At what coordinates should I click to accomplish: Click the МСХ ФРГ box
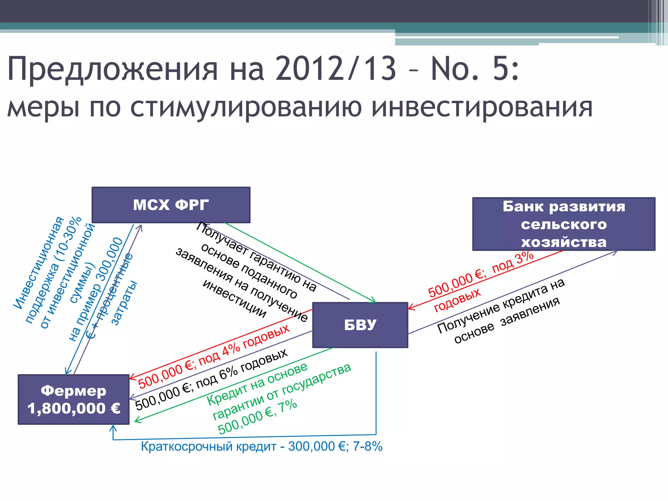(x=171, y=205)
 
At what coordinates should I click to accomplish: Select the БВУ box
(x=360, y=325)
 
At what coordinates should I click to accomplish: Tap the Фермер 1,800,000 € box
(x=73, y=400)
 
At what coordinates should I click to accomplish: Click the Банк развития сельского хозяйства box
(x=564, y=224)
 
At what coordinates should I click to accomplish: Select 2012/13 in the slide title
(x=336, y=69)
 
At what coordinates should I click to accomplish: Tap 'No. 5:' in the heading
(x=475, y=69)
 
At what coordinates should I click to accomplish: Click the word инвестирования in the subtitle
(x=482, y=108)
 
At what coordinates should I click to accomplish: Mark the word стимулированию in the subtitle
(x=246, y=108)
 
